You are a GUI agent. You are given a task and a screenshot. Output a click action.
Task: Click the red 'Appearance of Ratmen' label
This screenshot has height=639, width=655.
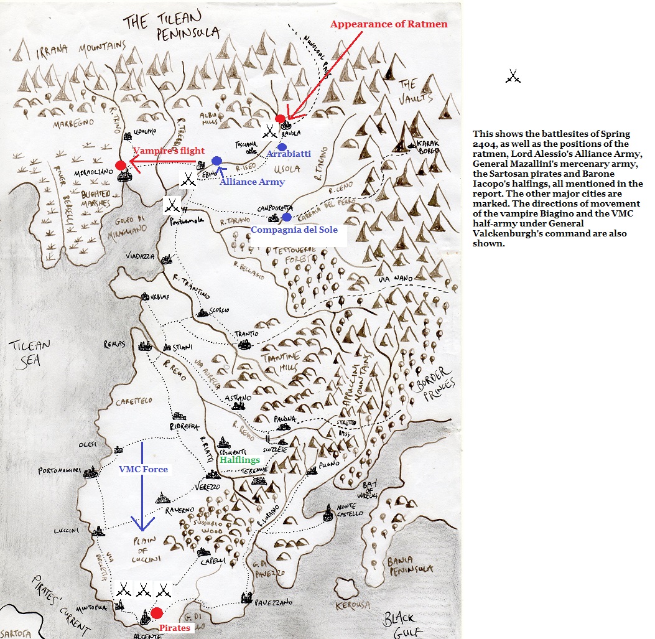(x=388, y=24)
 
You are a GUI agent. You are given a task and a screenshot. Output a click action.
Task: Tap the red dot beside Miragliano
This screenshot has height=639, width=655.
(x=121, y=165)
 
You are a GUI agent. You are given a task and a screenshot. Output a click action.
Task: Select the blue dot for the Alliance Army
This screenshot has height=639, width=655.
(x=216, y=161)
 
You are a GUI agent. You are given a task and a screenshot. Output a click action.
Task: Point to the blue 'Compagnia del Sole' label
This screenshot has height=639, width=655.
(x=294, y=230)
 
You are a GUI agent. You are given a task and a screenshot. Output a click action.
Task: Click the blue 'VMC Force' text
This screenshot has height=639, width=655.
(x=143, y=469)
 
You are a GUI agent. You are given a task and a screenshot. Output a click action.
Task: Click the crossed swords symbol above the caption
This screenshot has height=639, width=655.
(x=513, y=77)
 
